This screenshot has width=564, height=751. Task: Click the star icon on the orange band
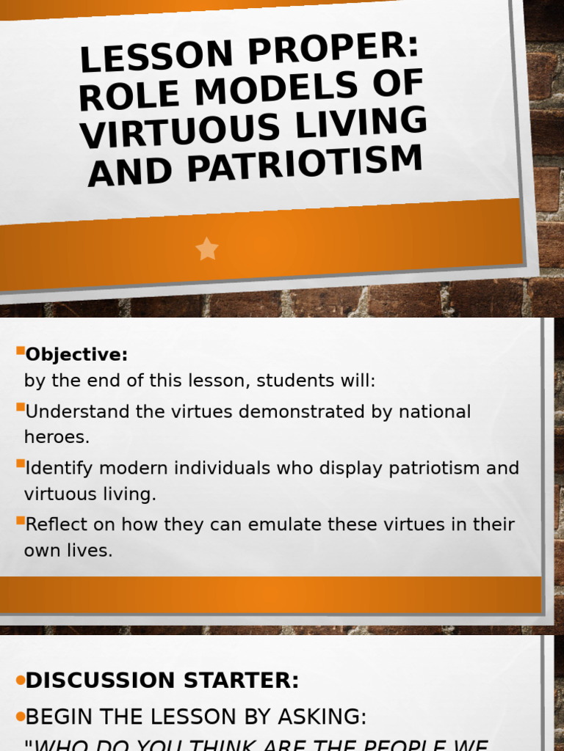(x=207, y=249)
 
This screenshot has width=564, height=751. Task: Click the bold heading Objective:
(x=76, y=355)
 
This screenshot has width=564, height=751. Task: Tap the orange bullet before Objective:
(x=21, y=351)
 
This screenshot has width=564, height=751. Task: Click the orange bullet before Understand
(x=21, y=407)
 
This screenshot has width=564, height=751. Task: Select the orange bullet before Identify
(x=21, y=464)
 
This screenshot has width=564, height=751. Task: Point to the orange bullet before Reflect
(x=21, y=520)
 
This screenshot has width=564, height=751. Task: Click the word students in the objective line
(x=295, y=381)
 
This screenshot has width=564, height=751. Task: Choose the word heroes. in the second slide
(x=57, y=437)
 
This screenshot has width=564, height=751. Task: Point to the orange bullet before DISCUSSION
(x=20, y=681)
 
